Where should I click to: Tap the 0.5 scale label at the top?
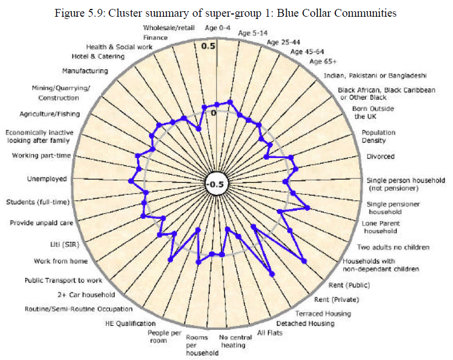208,46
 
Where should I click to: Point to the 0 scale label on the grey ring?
214,113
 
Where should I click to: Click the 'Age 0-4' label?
218,28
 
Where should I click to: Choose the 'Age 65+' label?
323,61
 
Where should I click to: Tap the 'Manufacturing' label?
85,71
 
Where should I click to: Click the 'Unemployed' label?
47,179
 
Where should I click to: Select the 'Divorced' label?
380,156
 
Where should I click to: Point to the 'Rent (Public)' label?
349,285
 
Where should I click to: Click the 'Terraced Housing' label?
323,314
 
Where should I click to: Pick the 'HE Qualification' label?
131,324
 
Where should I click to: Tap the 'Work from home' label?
61,261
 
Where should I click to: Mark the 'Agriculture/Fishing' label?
50,114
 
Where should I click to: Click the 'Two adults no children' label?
393,247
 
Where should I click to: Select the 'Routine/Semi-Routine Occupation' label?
79,309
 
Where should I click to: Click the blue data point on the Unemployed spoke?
131,181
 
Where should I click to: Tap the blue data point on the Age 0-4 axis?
217,104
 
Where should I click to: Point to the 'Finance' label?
156,37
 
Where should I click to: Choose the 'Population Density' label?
378,136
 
